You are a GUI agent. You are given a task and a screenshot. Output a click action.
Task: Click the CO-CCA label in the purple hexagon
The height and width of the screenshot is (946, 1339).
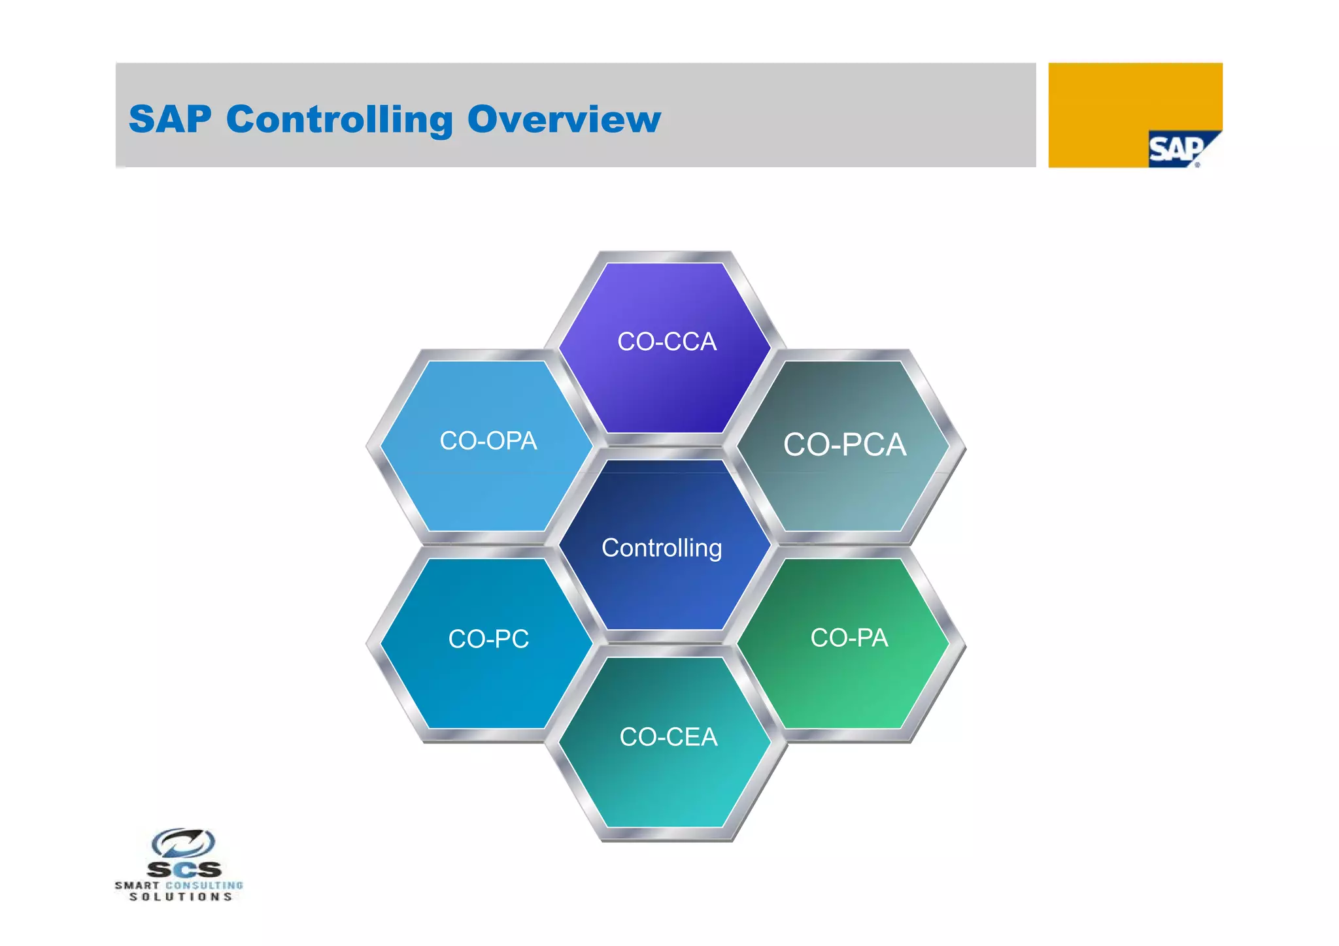coord(666,342)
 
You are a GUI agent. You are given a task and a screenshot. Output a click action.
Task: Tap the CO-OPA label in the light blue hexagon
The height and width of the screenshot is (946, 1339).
coord(488,441)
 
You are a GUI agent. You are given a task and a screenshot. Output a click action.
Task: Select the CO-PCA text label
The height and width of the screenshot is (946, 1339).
coord(844,445)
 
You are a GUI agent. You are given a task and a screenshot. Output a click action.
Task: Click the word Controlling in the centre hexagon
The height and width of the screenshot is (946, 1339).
coord(661,547)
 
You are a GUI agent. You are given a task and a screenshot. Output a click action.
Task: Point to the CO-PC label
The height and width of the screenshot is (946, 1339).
coord(488,638)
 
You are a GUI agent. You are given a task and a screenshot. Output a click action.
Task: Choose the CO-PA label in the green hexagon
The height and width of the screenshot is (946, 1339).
coord(849,638)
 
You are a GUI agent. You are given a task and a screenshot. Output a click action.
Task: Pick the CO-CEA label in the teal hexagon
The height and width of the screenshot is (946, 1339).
coord(668,737)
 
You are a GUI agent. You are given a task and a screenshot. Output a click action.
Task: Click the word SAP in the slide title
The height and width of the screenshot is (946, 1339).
coord(170,120)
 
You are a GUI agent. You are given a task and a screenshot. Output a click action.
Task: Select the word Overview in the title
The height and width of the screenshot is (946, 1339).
coord(564,120)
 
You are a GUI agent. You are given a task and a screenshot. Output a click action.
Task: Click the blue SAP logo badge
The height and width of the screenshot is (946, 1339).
coord(1177,150)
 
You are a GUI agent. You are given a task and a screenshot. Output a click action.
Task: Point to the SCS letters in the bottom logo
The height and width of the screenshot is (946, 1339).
coord(184,870)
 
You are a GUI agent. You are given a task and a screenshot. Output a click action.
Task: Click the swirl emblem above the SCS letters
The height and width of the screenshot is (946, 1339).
coord(183,843)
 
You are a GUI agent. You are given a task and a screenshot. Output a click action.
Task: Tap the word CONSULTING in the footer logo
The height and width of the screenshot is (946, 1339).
coord(204,886)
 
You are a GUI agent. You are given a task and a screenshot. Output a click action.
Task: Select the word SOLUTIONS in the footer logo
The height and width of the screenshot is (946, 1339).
coord(180,897)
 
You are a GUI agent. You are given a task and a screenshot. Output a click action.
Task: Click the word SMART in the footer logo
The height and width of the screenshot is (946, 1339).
coord(137,886)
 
